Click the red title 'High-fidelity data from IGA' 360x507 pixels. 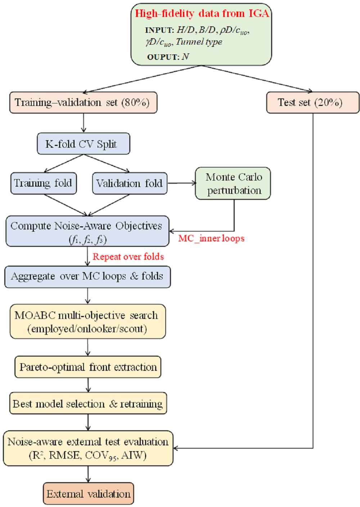click(202, 14)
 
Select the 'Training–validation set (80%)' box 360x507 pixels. click(83, 103)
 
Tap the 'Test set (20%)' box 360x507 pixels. click(312, 103)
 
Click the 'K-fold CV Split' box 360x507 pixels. click(83, 144)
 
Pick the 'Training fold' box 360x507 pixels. click(44, 183)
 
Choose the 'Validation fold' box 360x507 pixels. click(130, 183)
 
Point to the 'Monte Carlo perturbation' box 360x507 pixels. click(233, 183)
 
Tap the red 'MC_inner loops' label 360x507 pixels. click(211, 239)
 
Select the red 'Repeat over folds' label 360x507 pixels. click(128, 257)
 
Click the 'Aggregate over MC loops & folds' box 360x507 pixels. click(87, 277)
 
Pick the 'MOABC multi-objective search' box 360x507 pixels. click(87, 321)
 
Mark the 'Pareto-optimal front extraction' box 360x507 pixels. click(88, 367)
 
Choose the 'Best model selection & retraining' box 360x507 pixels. click(88, 404)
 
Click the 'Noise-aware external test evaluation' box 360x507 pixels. click(88, 448)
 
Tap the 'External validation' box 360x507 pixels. click(88, 494)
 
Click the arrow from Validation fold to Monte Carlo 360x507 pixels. click(181, 183)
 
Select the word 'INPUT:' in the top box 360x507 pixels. click(159, 30)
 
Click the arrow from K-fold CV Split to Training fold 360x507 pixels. click(63, 164)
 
